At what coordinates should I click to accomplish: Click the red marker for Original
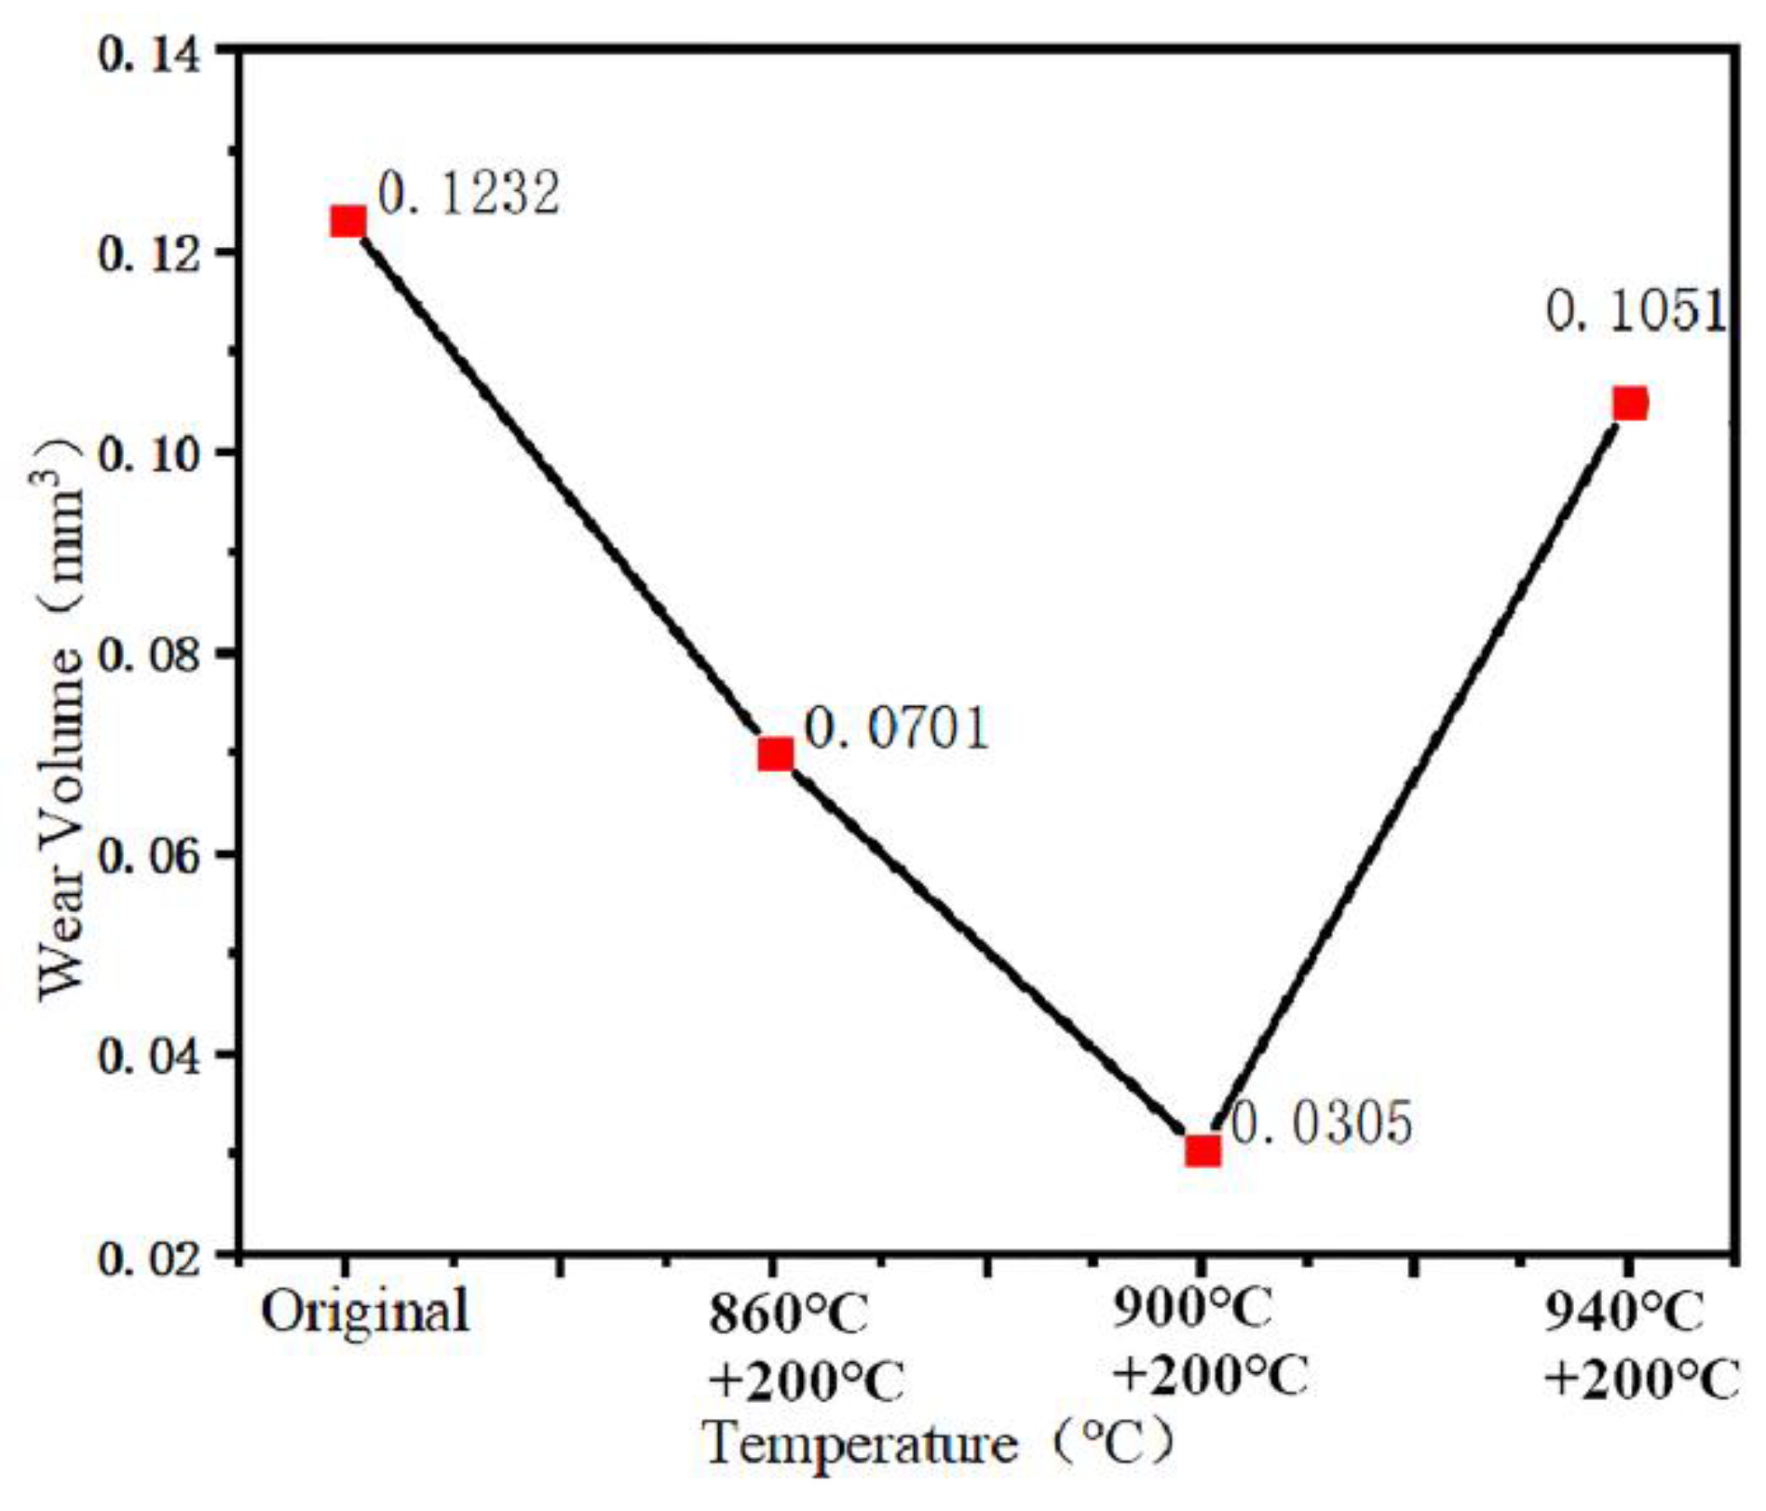pos(347,222)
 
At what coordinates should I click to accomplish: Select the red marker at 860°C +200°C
pos(775,753)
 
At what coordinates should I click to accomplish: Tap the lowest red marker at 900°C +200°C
pos(1202,1150)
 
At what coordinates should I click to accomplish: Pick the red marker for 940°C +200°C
pos(1630,403)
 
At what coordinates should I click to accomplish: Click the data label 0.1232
pos(469,193)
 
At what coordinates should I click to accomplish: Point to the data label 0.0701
pos(896,728)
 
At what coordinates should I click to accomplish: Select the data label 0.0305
pos(1322,1123)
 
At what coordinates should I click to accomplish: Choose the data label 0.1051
pos(1637,311)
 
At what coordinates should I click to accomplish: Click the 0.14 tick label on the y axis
pos(149,55)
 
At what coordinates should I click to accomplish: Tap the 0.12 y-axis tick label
pos(149,253)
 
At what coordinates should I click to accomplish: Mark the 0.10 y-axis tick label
pos(149,454)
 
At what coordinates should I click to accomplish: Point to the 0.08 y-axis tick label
pos(149,654)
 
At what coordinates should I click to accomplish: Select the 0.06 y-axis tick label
pos(149,855)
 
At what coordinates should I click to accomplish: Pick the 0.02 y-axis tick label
pos(149,1257)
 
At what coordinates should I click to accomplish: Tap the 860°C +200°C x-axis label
pos(804,1346)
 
